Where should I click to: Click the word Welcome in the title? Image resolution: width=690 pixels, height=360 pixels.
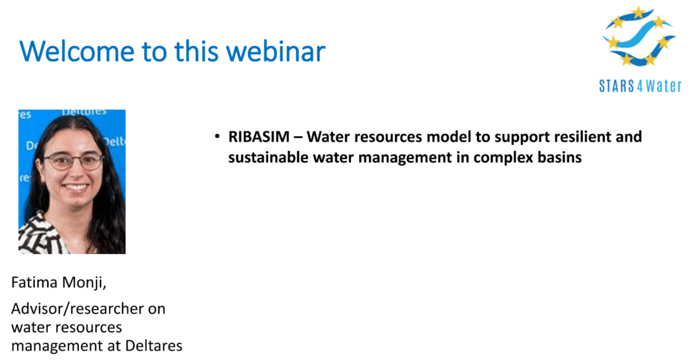(x=77, y=51)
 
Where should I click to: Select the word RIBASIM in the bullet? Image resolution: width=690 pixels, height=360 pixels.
(x=259, y=137)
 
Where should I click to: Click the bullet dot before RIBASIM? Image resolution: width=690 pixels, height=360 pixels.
(x=217, y=136)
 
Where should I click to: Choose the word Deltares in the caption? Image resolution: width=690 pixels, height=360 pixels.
(x=154, y=345)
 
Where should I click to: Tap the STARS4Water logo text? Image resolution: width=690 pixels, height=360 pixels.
(x=640, y=86)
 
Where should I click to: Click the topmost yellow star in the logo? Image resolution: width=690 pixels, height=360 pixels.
(x=637, y=12)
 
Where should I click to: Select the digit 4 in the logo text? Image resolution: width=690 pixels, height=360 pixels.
(x=640, y=86)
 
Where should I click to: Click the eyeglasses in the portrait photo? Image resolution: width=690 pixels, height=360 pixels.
(x=73, y=161)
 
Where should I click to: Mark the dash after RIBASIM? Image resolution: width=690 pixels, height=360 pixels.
(x=299, y=138)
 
